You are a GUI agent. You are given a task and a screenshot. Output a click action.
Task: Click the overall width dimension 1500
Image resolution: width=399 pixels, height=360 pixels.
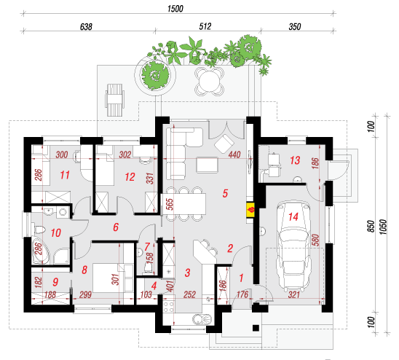[175, 9]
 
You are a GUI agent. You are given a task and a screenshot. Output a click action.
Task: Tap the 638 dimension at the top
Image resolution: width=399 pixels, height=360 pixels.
[86, 27]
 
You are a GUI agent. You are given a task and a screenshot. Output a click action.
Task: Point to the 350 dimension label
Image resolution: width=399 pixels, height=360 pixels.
[295, 27]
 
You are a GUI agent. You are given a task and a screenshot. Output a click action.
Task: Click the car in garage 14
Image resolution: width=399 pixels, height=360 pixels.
[293, 246]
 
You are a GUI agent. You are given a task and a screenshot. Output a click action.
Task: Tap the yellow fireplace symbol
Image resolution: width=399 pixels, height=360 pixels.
[250, 210]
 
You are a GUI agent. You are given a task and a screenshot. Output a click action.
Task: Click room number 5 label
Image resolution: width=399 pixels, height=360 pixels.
[225, 193]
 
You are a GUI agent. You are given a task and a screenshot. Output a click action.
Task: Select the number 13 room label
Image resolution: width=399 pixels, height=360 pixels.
[295, 160]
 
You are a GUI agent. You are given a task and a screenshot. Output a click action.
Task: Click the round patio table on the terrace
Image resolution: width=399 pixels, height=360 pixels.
[210, 82]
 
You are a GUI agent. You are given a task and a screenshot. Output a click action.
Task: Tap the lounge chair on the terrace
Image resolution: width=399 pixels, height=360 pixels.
[114, 100]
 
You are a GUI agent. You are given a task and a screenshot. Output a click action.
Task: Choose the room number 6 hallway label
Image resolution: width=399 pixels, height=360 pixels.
[116, 227]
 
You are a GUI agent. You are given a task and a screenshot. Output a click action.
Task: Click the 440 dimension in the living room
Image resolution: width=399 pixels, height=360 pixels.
[234, 154]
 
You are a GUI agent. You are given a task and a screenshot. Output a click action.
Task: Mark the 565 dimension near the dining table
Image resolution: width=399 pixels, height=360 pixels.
[170, 204]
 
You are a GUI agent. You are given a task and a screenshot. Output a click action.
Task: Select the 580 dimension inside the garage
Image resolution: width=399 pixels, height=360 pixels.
[315, 240]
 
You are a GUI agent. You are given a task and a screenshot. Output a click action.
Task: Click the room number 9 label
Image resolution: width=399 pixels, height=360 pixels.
[55, 282]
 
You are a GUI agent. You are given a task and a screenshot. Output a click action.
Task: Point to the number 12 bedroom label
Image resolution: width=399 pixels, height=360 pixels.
[130, 177]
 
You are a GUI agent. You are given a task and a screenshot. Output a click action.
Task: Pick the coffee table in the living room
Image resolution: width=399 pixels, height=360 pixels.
[207, 165]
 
